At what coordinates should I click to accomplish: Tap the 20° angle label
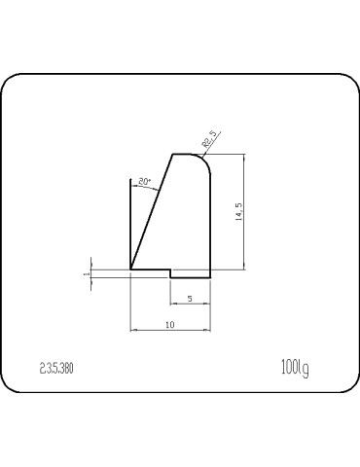click(x=144, y=182)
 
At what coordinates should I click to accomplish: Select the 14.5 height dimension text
click(x=238, y=212)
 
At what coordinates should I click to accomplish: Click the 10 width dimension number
click(x=169, y=325)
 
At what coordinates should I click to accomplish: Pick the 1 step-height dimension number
click(x=86, y=273)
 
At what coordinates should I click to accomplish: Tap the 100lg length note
click(x=294, y=367)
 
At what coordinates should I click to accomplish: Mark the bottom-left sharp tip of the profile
click(x=130, y=269)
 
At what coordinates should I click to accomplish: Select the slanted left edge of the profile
click(x=152, y=211)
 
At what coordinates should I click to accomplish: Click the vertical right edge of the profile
click(x=210, y=224)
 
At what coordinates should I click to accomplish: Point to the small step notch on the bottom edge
click(x=171, y=272)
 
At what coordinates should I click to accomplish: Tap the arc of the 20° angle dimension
click(x=146, y=189)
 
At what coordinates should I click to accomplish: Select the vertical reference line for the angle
click(x=130, y=224)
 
